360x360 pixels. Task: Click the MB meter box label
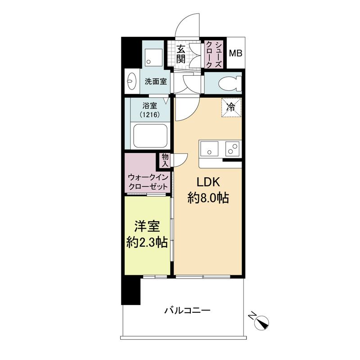(x=235, y=54)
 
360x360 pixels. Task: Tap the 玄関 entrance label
(x=181, y=54)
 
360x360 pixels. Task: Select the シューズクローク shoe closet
(x=213, y=54)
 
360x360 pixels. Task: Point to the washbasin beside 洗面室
(x=131, y=81)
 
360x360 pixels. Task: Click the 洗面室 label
(x=156, y=81)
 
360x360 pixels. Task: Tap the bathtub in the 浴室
(x=150, y=136)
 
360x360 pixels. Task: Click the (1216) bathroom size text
(x=150, y=114)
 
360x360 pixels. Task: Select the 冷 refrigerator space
(x=231, y=108)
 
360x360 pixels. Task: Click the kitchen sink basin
(x=209, y=148)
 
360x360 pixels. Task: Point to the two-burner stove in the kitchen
(x=232, y=148)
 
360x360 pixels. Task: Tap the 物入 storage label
(x=165, y=160)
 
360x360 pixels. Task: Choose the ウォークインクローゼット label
(x=148, y=182)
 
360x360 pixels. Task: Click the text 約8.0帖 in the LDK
(x=208, y=198)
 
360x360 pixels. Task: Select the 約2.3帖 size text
(x=147, y=242)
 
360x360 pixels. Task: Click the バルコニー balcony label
(x=187, y=310)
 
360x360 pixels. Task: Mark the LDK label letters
(x=208, y=182)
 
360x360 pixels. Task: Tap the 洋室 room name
(x=147, y=226)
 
